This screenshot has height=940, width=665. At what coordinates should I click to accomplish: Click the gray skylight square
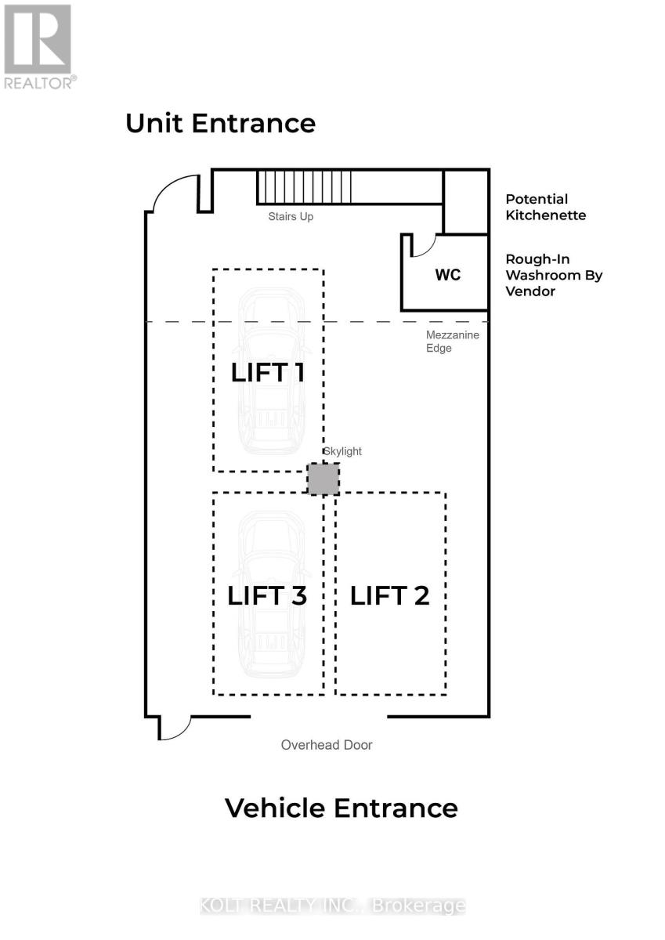coord(323,479)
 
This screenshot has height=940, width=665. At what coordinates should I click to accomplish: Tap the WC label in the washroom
coord(448,275)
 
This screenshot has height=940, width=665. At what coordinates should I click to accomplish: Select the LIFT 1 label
coord(268,372)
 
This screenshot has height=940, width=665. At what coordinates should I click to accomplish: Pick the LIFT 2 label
coord(390,595)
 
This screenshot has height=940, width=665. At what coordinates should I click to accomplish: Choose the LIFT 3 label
coord(267,595)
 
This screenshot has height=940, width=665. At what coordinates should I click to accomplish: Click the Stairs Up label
coord(291,216)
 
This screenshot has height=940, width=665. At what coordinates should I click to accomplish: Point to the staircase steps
coord(304,187)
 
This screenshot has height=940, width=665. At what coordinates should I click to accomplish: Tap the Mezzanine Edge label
coord(452,342)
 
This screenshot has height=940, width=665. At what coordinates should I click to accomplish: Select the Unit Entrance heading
coord(221,124)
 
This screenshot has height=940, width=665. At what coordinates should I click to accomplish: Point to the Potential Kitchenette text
coord(545,207)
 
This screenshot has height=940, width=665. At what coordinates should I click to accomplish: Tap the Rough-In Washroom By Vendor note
coord(554,275)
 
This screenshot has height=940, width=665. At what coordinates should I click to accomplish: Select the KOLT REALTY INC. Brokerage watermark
coord(333,907)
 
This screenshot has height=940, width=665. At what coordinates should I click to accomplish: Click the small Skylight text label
coord(342,451)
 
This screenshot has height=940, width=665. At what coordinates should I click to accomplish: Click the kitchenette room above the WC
coord(466,202)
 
